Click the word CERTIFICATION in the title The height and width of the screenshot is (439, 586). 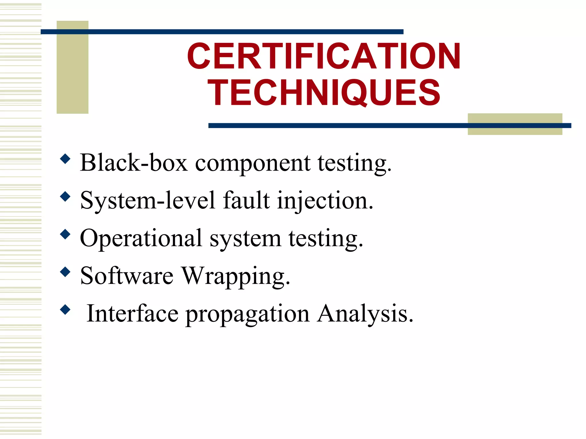click(324, 56)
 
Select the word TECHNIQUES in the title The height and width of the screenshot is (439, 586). click(324, 93)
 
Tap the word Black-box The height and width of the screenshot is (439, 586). click(134, 163)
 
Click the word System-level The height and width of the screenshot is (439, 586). click(148, 201)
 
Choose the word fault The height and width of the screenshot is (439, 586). click(246, 200)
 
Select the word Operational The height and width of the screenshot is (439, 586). click(141, 239)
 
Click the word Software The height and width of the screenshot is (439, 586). click(127, 276)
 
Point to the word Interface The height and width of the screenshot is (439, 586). click(132, 314)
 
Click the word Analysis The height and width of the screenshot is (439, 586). click(365, 314)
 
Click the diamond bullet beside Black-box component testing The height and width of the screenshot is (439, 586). click(66, 159)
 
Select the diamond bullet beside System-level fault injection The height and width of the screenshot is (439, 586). click(66, 197)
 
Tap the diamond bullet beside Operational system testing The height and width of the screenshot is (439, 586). click(66, 234)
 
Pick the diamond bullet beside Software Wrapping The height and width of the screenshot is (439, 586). click(66, 272)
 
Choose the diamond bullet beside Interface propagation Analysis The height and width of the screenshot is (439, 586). click(66, 310)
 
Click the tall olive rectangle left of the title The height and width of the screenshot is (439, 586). click(72, 67)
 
